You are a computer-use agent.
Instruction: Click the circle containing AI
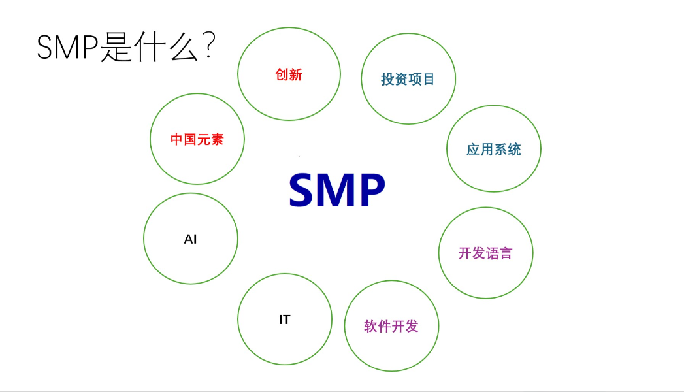pos(190,239)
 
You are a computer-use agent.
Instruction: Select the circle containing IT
pos(284,319)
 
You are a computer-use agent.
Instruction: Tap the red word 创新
pos(289,74)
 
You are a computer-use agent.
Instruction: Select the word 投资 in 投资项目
pos(395,79)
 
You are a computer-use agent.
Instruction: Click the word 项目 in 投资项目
pos(422,79)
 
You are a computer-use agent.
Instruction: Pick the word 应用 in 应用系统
pos(480,150)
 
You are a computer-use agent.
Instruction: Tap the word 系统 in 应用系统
pos(508,150)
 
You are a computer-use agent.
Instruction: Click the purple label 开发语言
pos(485,253)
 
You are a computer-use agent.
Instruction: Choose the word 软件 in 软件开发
pos(377,326)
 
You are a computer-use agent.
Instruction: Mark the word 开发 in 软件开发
pos(405,326)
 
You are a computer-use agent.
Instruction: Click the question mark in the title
pos(209,47)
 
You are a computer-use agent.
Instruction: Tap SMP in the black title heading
pos(67,48)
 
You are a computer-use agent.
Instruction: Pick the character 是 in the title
pos(116,48)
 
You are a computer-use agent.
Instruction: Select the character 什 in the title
pos(149,48)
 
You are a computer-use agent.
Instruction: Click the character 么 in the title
pos(182,48)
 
